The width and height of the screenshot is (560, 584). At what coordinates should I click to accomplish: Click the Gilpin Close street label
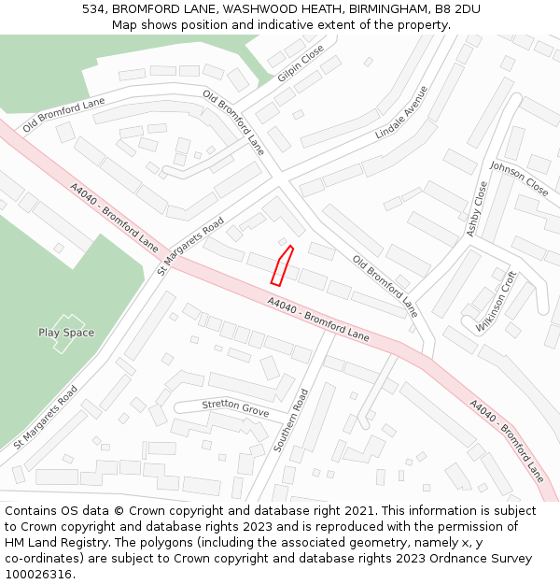pos(301,63)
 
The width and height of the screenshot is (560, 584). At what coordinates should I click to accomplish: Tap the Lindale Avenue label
pos(401,113)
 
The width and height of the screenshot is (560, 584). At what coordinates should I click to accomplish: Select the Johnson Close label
pos(519,177)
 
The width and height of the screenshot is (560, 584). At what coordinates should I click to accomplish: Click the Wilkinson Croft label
pos(496,301)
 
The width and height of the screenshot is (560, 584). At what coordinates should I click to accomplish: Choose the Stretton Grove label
pos(235,408)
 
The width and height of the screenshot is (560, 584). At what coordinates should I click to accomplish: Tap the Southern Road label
pos(291,422)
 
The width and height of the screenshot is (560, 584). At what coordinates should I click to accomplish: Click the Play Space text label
pos(66,333)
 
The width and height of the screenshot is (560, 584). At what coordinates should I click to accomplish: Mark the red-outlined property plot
pos(281,265)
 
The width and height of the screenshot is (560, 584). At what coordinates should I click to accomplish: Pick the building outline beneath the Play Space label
pos(67,344)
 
